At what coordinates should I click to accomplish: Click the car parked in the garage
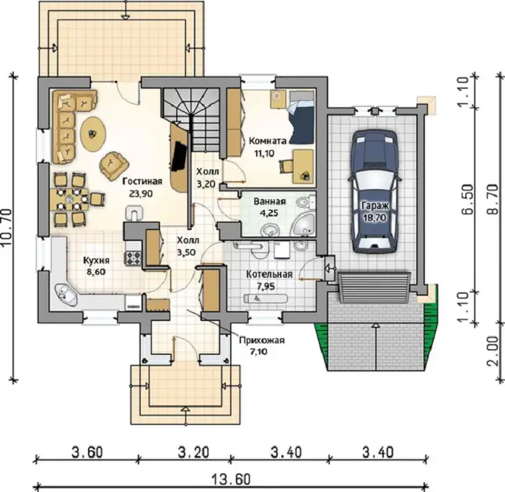376,191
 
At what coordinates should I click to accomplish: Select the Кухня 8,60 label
96,265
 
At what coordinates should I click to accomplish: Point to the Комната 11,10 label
268,147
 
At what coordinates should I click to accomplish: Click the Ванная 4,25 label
270,207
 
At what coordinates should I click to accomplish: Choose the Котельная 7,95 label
269,280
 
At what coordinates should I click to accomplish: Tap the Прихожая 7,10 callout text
262,346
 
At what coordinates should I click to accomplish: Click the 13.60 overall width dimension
232,480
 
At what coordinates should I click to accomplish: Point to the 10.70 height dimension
6,227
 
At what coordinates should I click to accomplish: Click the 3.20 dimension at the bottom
193,452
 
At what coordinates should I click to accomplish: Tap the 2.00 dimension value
493,351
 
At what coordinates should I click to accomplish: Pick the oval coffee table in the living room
93,133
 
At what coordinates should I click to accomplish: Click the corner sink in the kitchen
66,294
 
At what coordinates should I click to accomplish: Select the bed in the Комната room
301,117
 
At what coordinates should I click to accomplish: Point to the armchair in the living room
114,165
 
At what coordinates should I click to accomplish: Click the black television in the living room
179,157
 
